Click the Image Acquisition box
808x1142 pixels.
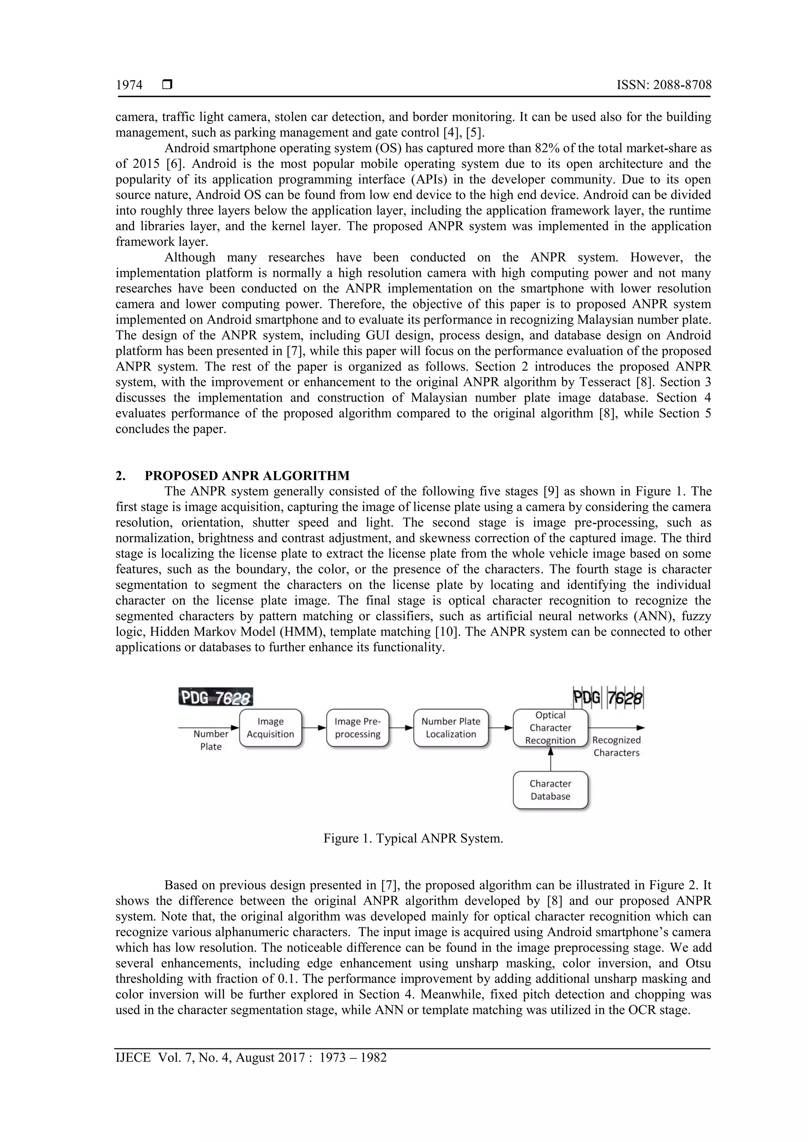pos(270,728)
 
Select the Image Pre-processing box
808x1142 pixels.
pos(357,728)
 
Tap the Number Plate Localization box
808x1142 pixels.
pos(451,728)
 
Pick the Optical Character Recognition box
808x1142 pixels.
pos(550,728)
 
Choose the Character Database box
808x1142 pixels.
pos(550,790)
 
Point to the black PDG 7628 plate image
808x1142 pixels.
pos(215,697)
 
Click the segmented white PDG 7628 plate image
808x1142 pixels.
pos(608,697)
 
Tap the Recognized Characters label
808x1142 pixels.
pos(616,746)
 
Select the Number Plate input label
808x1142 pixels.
pos(211,740)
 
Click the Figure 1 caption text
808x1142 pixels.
pos(413,838)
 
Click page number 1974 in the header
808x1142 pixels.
pos(129,85)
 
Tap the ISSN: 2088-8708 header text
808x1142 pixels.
pos(664,85)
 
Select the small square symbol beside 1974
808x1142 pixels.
pos(167,85)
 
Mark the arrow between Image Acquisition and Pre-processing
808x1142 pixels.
pos(314,728)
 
